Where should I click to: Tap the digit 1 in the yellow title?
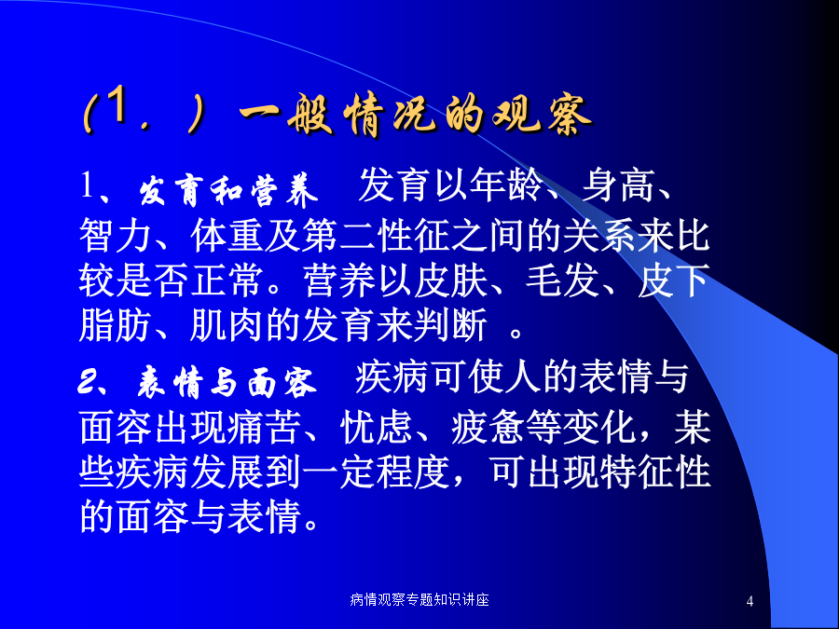(x=117, y=105)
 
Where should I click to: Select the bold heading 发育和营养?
(x=228, y=190)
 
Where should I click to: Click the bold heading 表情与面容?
(x=227, y=382)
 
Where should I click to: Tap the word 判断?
(x=450, y=324)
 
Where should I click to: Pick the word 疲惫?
(x=488, y=428)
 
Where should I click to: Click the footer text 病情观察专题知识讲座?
(x=419, y=599)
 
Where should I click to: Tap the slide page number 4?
(x=750, y=601)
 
